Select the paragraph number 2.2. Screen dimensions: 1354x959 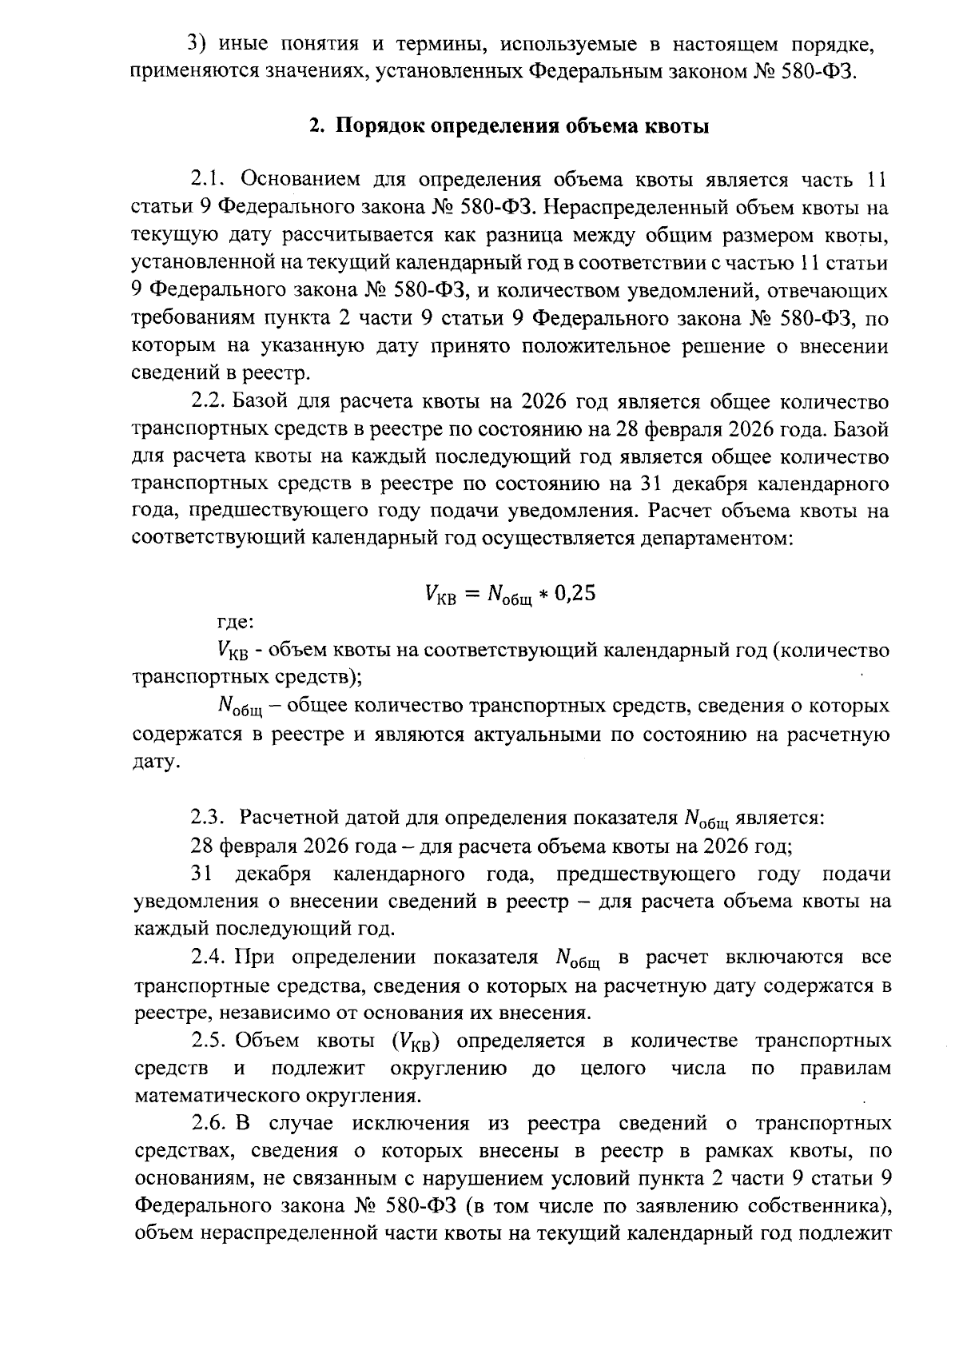click(211, 402)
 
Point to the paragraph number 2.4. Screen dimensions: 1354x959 click(211, 958)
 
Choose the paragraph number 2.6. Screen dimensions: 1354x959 click(211, 1124)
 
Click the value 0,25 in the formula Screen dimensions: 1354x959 click(575, 593)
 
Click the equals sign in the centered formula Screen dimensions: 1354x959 click(472, 594)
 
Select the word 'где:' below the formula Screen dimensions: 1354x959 click(236, 622)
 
